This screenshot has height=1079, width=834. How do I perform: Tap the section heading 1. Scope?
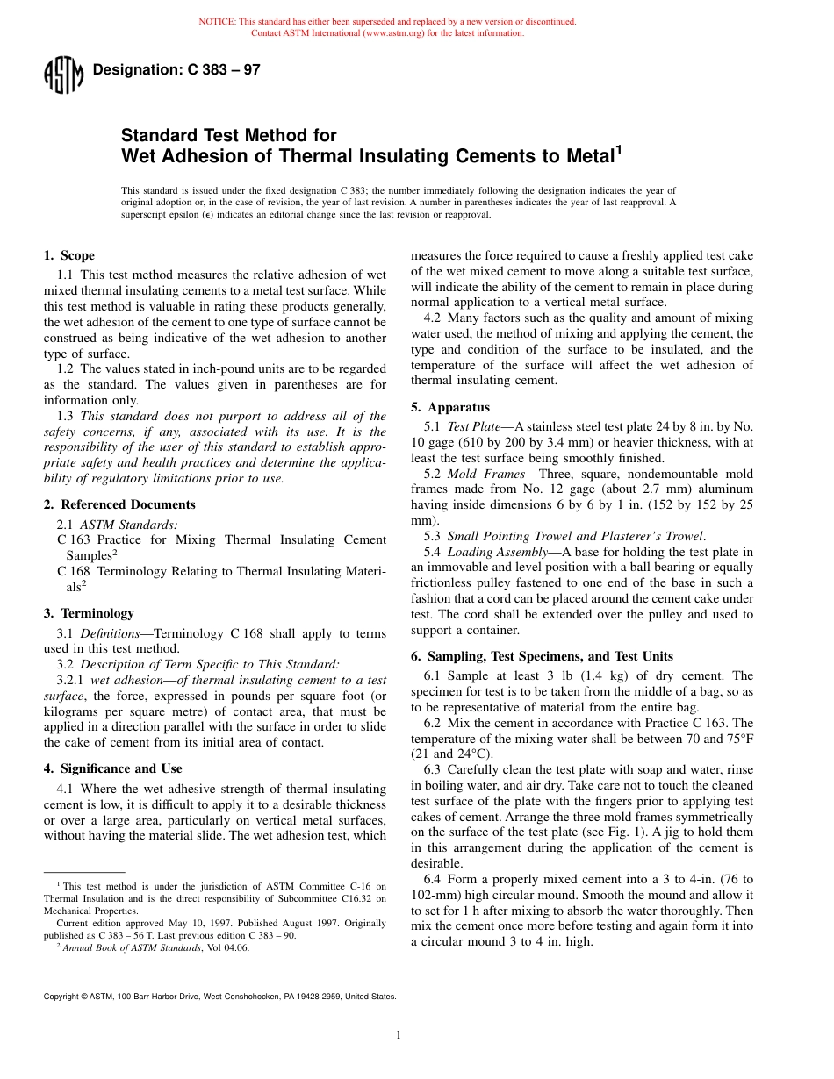(69, 256)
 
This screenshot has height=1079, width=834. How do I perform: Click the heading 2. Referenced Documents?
(119, 504)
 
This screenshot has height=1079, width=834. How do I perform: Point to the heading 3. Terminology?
(89, 613)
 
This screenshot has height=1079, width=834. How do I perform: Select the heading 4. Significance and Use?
(113, 768)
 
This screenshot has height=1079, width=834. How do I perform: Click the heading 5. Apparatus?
(450, 407)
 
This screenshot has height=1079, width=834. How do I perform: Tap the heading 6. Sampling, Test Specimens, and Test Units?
(542, 656)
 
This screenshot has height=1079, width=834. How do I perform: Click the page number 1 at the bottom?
(399, 1035)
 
